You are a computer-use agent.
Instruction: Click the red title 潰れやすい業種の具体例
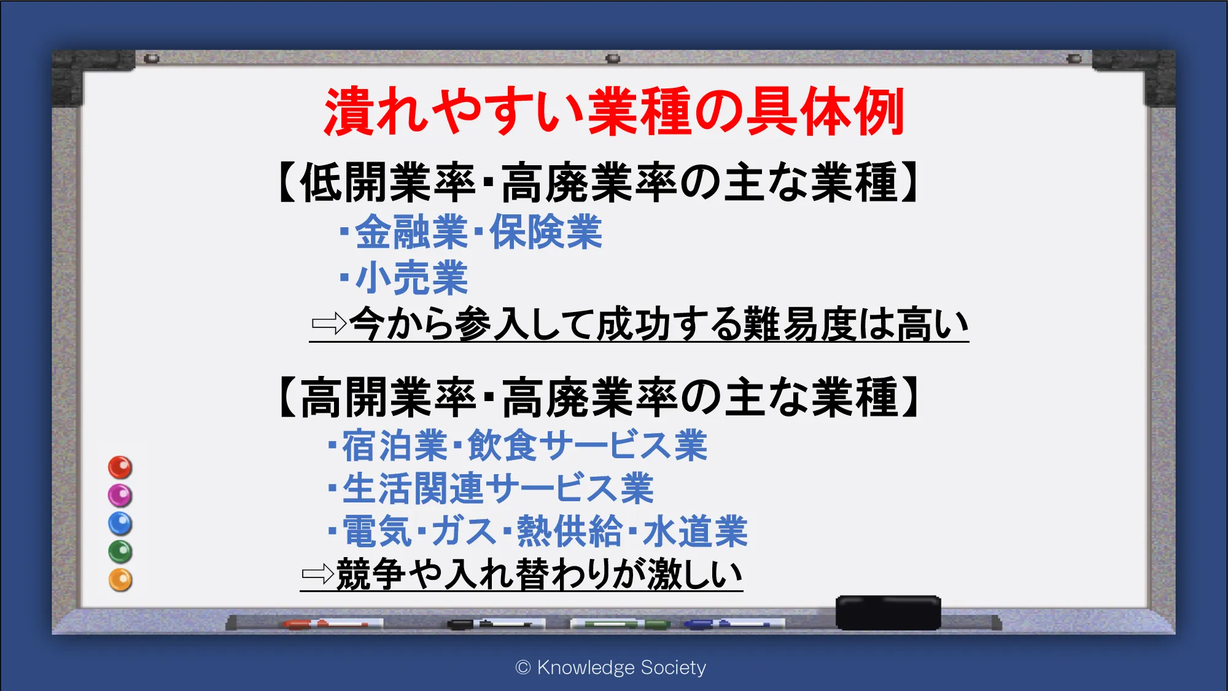614,111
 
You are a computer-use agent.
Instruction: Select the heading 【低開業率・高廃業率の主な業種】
599,182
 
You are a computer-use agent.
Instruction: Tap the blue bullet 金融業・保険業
471,232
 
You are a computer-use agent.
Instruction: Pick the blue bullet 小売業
403,278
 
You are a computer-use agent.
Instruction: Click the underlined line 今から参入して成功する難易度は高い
659,324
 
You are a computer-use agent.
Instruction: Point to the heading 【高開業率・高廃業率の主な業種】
599,397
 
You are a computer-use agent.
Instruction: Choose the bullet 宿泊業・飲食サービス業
518,445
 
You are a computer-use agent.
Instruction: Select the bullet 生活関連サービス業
491,488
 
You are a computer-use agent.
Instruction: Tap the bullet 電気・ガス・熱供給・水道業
538,531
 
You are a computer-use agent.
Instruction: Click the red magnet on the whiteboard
120,467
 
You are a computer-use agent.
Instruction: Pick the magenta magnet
120,495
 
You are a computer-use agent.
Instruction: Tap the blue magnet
120,523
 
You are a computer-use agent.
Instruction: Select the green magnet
120,552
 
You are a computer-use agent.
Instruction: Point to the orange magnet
120,580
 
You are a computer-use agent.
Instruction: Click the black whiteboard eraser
888,612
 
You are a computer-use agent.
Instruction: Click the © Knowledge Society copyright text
611,667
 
